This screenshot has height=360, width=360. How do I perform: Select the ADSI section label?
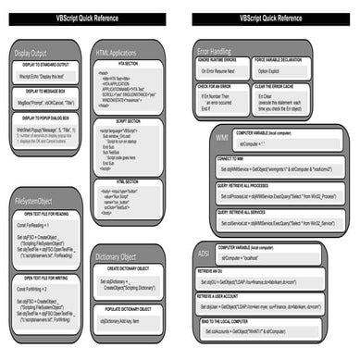coord(204,252)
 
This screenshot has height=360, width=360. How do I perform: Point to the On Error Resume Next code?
coord(221,71)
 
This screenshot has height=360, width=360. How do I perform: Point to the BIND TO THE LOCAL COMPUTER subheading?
coord(242,320)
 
